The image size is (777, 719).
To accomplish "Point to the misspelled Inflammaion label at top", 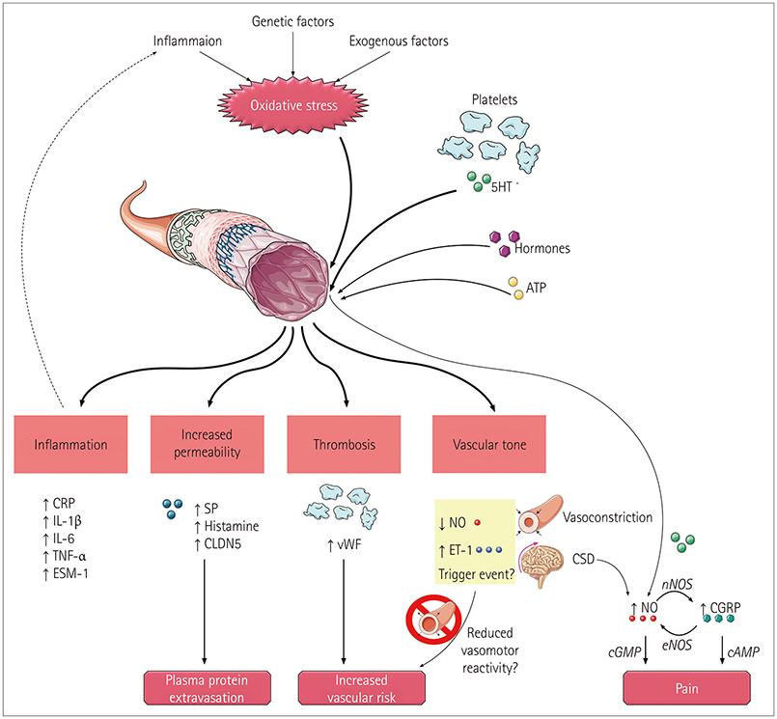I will pyautogui.click(x=196, y=42).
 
